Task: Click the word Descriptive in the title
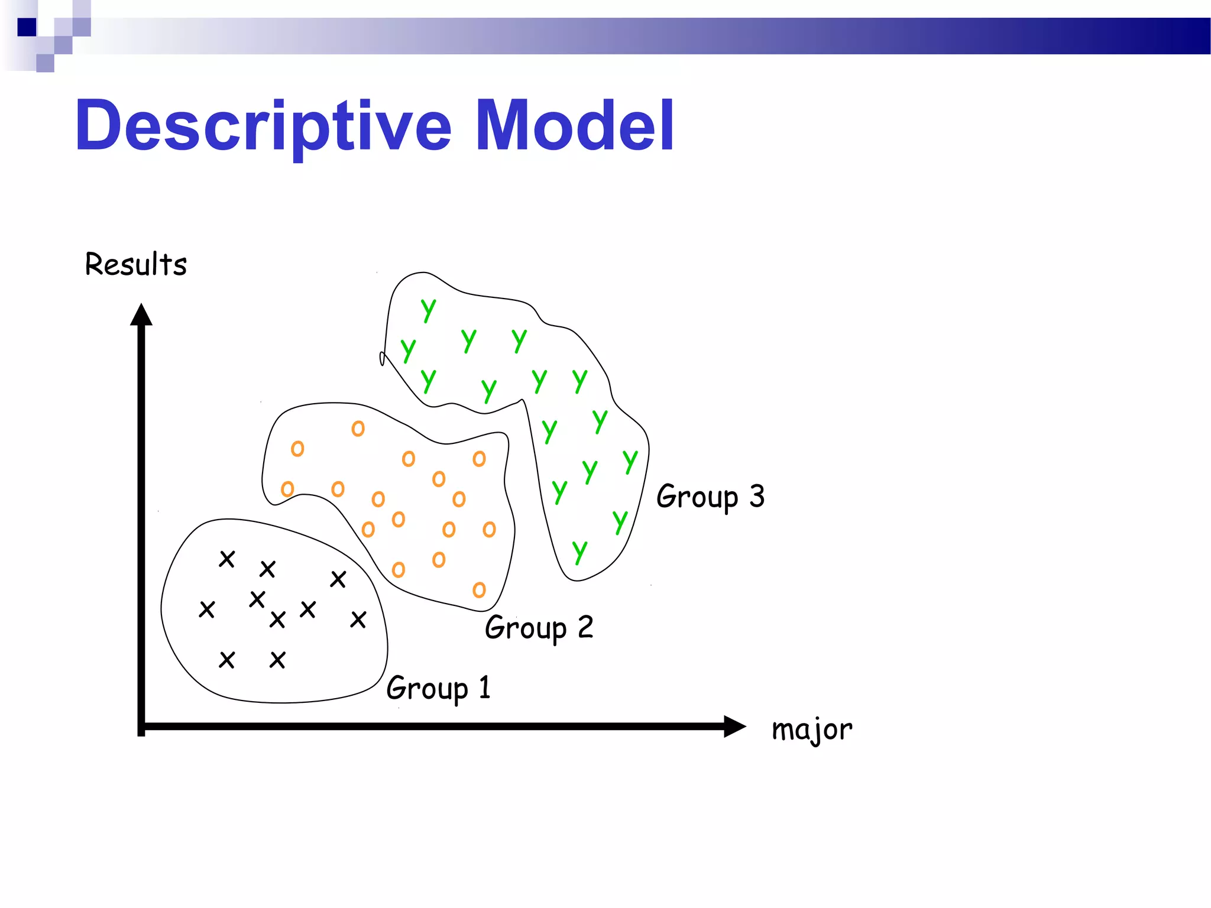263,126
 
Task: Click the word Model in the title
574,126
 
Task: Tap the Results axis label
136,264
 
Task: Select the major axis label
811,729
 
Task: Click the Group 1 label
438,688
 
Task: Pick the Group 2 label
539,627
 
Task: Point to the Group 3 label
710,496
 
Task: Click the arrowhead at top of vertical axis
141,314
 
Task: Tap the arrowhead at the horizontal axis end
734,727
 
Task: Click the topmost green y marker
428,309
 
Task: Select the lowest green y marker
579,551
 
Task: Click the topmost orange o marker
358,429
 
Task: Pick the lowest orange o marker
479,589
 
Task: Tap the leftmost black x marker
206,609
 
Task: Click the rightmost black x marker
358,620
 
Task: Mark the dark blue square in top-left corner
27,27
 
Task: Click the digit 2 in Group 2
585,627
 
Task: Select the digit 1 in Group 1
485,688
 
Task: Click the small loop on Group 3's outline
382,358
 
